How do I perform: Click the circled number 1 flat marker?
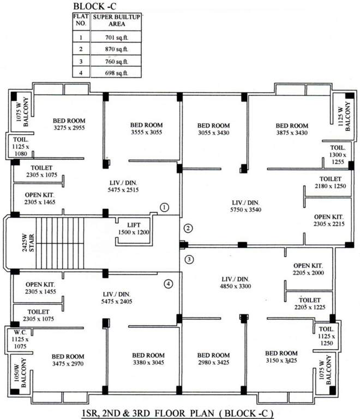[x=165, y=207]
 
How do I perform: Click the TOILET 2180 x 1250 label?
[x=330, y=183]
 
